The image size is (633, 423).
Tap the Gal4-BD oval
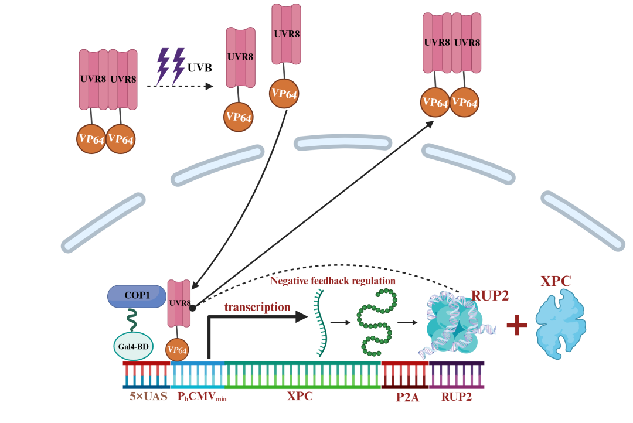coord(134,346)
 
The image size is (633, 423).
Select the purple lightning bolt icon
coord(171,66)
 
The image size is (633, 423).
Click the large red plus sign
coord(516,326)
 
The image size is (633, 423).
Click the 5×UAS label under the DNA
coord(148,397)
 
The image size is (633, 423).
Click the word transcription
coord(257,306)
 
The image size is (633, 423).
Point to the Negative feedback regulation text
coord(332,281)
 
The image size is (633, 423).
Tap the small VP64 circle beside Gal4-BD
coord(178,350)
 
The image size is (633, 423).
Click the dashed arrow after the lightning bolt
coord(180,86)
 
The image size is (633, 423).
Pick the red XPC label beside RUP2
coord(555,281)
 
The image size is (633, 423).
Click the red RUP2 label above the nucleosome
coord(489,295)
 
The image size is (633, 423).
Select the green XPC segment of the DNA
coord(302,374)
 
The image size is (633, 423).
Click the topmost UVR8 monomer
coord(287,34)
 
